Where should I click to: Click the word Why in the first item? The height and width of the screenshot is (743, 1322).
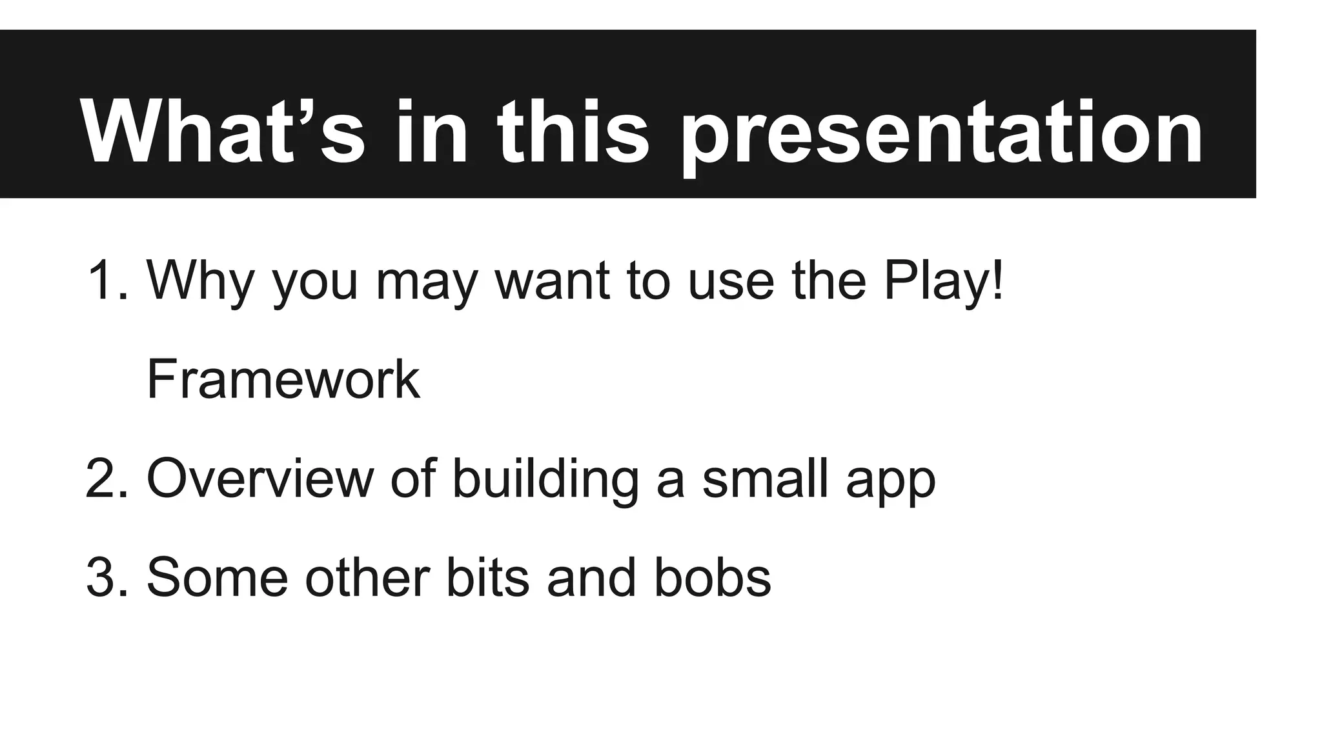(x=200, y=281)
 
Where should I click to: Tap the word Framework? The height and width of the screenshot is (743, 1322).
(x=283, y=380)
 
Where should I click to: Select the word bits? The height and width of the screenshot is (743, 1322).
(x=487, y=577)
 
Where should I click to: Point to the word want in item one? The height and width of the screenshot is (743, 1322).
(x=552, y=281)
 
